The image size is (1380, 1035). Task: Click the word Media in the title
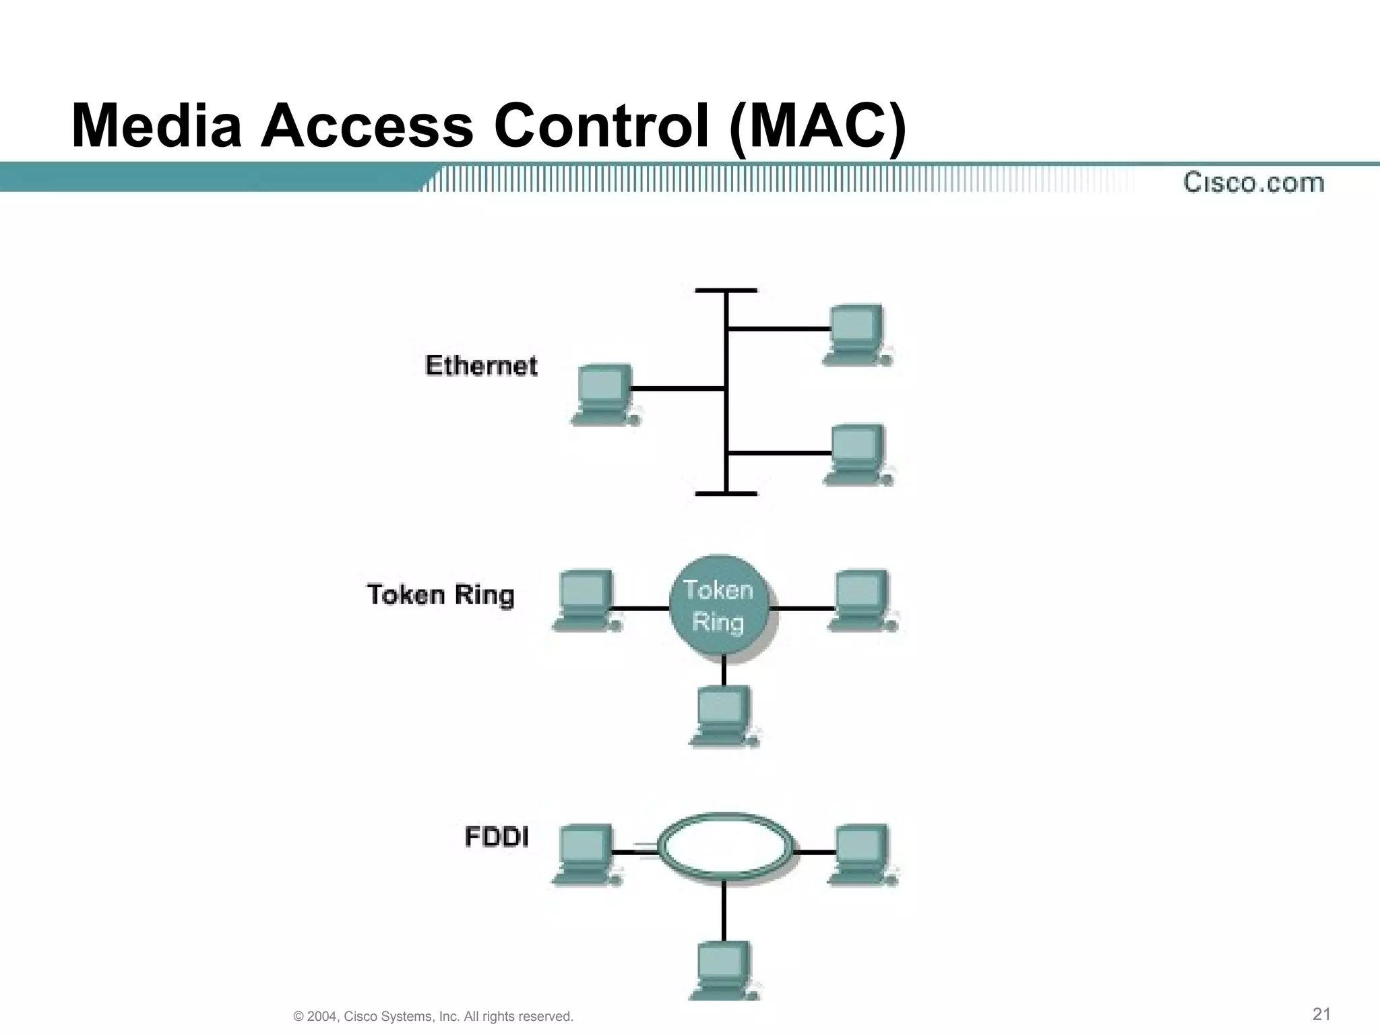pos(156,126)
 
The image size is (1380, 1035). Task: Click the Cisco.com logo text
pos(1253,183)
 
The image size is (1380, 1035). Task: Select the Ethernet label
pos(481,365)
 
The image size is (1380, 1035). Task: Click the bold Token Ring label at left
pos(441,595)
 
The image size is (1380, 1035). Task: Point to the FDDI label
pos(497,837)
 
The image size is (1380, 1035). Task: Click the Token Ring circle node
pos(719,606)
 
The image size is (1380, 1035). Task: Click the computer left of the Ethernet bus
pos(604,395)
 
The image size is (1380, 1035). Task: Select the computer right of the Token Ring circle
pos(861,600)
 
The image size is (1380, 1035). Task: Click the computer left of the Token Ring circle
pos(585,600)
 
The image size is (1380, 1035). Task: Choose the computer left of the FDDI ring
pos(585,854)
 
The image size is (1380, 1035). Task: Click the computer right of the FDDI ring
pos(861,854)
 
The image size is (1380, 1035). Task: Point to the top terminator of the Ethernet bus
pos(726,290)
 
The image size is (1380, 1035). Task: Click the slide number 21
pos(1321,1014)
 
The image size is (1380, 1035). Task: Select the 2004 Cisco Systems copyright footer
pos(433,1016)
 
